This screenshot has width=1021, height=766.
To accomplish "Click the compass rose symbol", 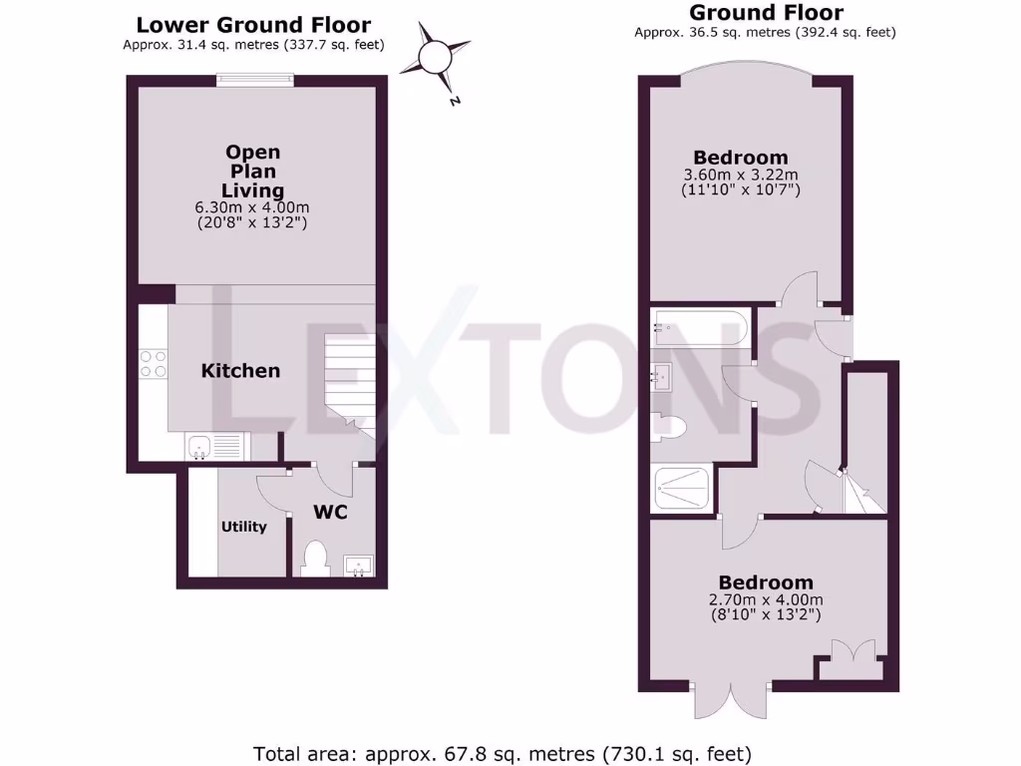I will click(436, 56).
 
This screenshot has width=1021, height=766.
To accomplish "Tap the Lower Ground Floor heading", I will click(253, 25).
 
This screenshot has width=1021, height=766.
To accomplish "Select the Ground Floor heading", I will click(766, 13).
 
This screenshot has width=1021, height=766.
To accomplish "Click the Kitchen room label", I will click(240, 371).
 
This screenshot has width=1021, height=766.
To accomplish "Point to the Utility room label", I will click(244, 527).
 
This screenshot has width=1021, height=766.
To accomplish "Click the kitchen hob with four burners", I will click(154, 362).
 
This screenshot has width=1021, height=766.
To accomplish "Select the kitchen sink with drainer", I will click(213, 446).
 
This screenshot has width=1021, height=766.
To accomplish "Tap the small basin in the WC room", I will click(358, 566).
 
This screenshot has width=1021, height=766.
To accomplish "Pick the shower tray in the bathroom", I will click(683, 489).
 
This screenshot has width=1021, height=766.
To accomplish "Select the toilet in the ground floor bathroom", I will click(669, 427).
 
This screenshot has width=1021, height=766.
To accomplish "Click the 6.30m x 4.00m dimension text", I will click(252, 208).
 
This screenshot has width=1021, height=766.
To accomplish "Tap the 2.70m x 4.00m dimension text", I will click(767, 600).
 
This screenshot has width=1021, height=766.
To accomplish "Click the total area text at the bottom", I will click(503, 753).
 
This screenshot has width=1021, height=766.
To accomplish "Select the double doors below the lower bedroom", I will click(730, 700).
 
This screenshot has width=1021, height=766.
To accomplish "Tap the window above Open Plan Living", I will click(256, 82).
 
